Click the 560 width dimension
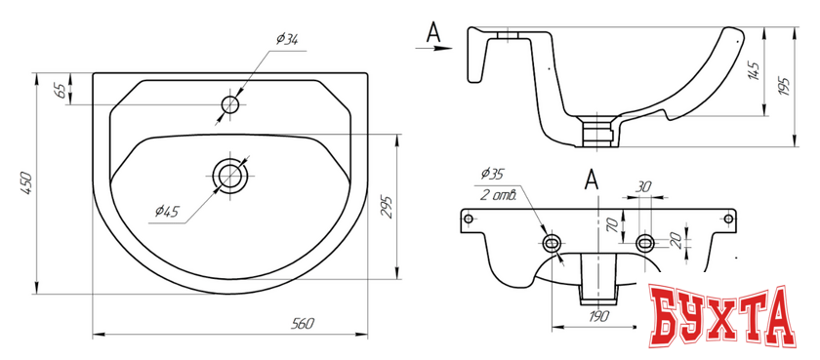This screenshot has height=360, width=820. tap(303, 324)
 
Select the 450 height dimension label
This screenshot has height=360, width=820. tap(26, 183)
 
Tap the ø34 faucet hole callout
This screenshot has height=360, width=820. tap(287, 40)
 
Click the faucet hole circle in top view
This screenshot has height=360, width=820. tap(230, 105)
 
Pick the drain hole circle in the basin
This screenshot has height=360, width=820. tap(230, 175)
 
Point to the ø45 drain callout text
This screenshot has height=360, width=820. tap(167, 211)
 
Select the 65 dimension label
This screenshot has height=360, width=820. tap(61, 91)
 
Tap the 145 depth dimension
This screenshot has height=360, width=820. tap(754, 70)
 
